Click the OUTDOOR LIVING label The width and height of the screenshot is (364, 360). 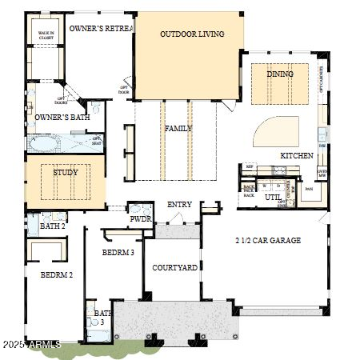pos(191,34)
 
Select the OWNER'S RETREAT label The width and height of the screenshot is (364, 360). pos(100,28)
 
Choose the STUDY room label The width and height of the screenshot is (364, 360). pos(66,172)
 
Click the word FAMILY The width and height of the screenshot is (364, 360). pos(178,129)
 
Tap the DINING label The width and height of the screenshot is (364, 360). pos(280,74)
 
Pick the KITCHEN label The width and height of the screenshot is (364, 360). pos(296,156)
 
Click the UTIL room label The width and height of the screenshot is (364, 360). pos(272,197)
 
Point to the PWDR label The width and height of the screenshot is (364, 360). pos(141,218)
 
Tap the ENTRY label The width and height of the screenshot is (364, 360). pos(179,205)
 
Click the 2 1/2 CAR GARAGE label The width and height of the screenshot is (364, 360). pos(268,240)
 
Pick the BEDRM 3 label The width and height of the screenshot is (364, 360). pos(118,253)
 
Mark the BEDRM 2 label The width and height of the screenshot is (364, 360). pos(57,274)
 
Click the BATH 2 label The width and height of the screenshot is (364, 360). pos(52,226)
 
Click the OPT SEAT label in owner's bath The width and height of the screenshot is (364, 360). pos(98,140)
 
